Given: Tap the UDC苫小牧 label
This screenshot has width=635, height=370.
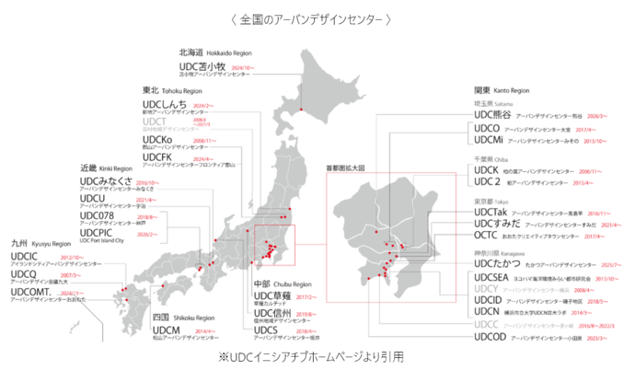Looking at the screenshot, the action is (x=202, y=67).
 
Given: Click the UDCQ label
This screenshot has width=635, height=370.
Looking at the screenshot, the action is (x=23, y=273).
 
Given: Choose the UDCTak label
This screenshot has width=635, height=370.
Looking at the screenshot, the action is (x=491, y=211).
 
